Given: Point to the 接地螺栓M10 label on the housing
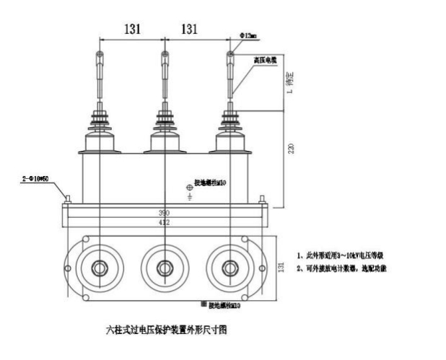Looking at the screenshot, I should coord(210,183).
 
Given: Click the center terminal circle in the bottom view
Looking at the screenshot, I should coord(165,268).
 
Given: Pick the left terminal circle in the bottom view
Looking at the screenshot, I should coord(99,268).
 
